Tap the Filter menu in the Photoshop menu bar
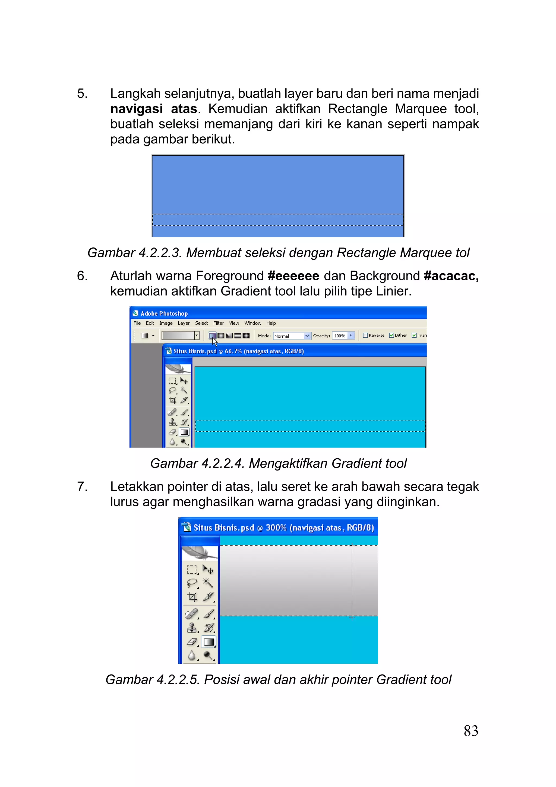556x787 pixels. (218, 323)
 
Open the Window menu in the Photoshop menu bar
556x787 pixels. (252, 323)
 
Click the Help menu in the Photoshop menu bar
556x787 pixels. (271, 323)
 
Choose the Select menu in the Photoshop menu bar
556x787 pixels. (201, 323)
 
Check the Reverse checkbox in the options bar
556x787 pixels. (365, 335)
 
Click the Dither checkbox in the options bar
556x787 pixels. (391, 335)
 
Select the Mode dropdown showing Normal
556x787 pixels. (292, 336)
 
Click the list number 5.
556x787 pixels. (82, 93)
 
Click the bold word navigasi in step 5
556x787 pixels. (136, 109)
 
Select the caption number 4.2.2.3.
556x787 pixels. (160, 253)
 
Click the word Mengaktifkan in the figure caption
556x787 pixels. (288, 463)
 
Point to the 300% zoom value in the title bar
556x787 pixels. (276, 528)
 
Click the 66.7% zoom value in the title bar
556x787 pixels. (233, 351)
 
